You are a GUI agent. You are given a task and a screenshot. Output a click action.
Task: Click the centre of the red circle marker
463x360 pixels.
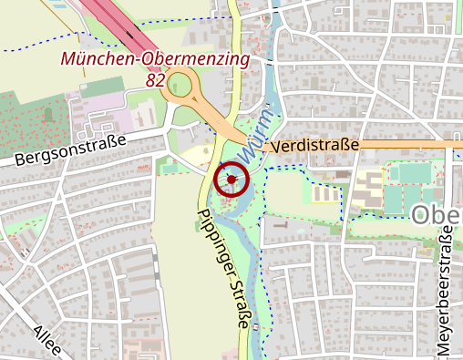coord(231,179)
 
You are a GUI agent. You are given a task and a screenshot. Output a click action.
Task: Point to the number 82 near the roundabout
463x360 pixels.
coord(155,80)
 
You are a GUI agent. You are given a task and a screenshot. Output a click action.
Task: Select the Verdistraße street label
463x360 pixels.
coord(316,145)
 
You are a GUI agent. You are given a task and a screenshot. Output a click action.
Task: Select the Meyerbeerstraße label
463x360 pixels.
coord(444,292)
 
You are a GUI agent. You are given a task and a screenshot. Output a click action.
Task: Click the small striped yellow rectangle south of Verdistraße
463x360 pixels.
coord(323,194)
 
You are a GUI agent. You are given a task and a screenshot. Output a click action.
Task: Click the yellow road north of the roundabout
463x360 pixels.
coord(234,36)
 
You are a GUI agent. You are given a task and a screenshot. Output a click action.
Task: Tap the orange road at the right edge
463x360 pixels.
coord(451,144)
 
